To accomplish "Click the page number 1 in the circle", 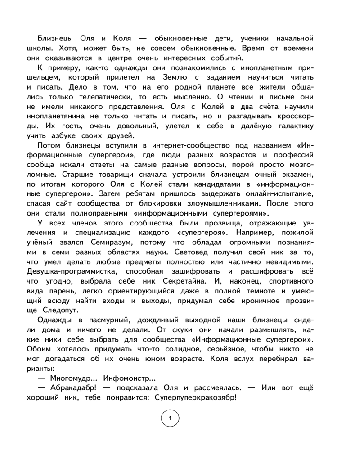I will [170, 419].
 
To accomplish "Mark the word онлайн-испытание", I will [270, 194].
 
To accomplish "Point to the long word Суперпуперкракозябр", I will [195, 398].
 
